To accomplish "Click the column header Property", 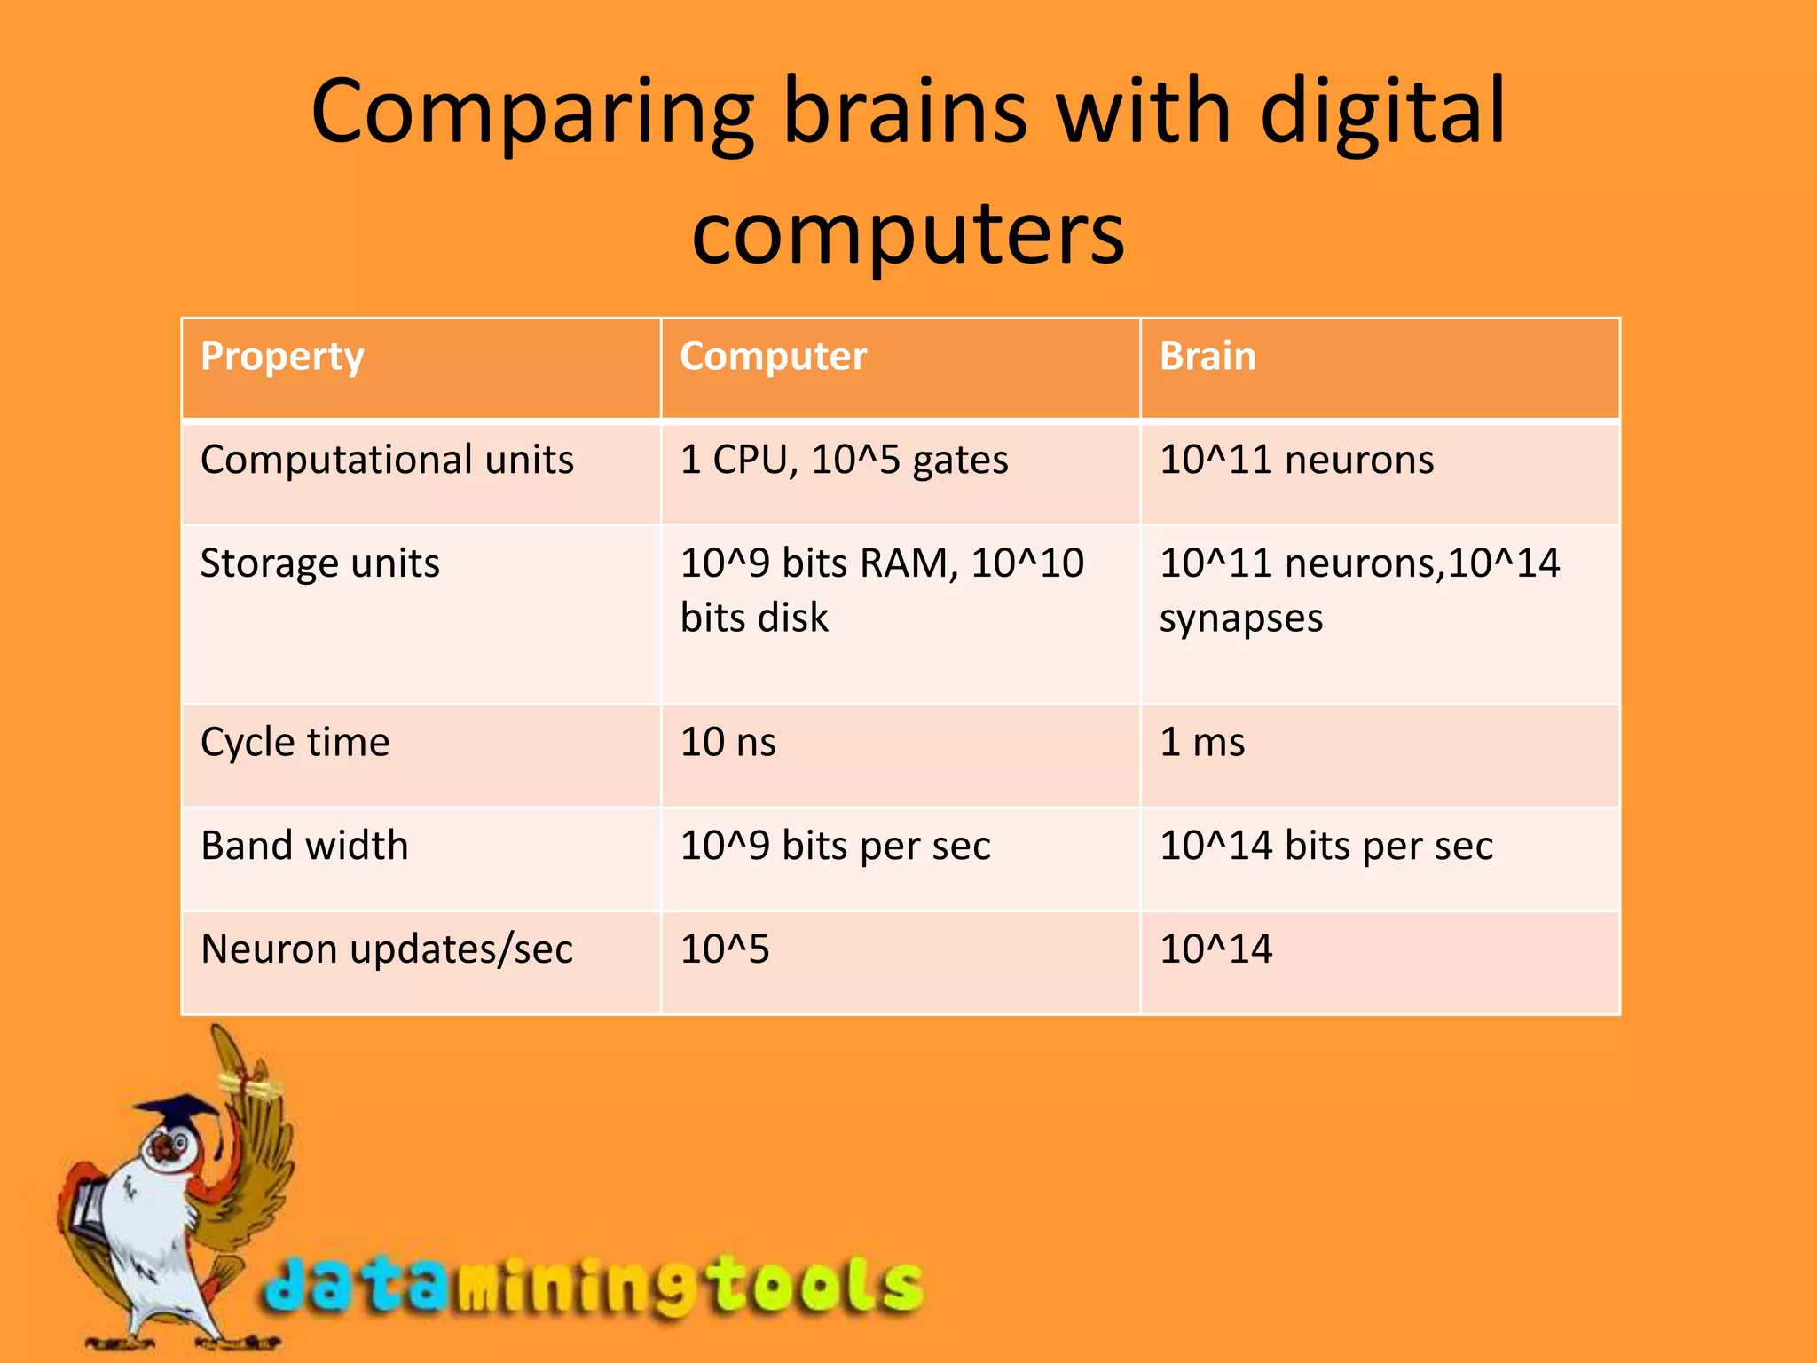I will tap(282, 357).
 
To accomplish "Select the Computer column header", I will tap(773, 357).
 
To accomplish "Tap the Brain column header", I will tap(1207, 357).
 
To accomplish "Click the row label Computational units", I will tap(387, 461).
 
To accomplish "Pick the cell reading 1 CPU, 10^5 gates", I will tap(844, 461).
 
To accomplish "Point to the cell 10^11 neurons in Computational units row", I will tap(1296, 461).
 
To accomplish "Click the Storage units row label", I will tap(319, 563).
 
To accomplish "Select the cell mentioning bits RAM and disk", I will tap(881, 590).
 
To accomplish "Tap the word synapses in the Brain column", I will tap(1240, 618).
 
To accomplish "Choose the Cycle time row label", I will tap(295, 743).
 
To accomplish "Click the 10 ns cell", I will tap(728, 743).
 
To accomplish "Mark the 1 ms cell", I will tap(1202, 743).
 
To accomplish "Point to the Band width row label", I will tap(304, 846).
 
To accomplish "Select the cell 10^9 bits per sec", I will tap(835, 846).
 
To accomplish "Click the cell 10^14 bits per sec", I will tap(1326, 846).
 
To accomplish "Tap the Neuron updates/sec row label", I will tap(387, 949).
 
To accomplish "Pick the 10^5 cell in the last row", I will tap(725, 949).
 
